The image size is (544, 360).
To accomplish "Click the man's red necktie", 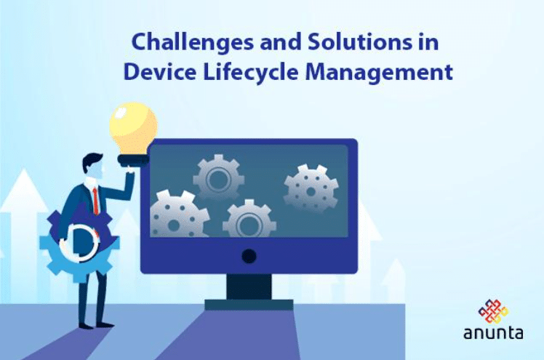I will click(x=95, y=200).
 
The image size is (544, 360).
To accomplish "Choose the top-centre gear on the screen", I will click(x=218, y=177).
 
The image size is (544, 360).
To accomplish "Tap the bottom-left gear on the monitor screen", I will click(x=178, y=215).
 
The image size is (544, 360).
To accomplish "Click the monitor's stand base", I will click(x=249, y=303).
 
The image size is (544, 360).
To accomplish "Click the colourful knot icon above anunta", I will click(x=493, y=310).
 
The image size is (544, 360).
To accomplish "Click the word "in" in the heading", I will click(x=428, y=43).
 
